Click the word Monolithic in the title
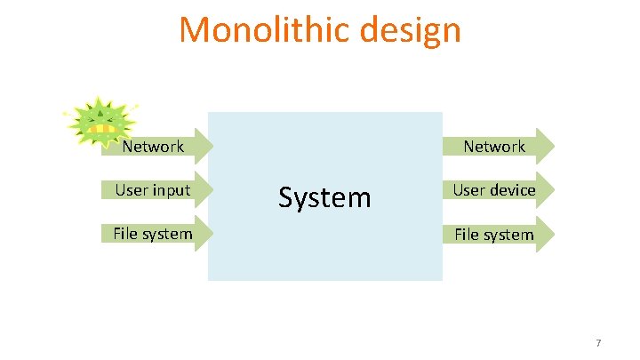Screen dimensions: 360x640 [x=252, y=30]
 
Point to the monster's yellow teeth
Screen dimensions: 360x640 [x=105, y=130]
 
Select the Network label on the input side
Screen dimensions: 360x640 [x=153, y=147]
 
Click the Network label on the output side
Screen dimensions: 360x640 [x=494, y=147]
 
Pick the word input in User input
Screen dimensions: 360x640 [x=171, y=190]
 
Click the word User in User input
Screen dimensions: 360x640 [x=131, y=190]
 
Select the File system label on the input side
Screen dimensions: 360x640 [x=152, y=234]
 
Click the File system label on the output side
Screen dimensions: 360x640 [x=494, y=235]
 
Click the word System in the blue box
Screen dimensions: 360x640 [x=324, y=196]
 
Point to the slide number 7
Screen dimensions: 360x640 [x=598, y=343]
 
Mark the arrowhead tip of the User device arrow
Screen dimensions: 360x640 [x=552, y=190]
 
